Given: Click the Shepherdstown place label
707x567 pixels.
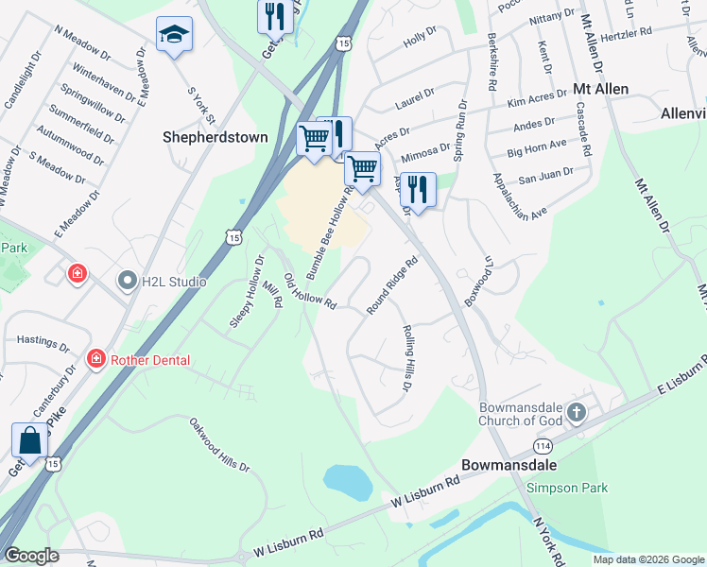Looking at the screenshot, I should pos(214,137).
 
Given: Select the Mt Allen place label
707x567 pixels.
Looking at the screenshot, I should pos(602,88).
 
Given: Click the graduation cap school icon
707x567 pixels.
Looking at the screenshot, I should pos(174,35).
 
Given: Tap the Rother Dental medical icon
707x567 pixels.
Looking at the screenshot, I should pos(95,359).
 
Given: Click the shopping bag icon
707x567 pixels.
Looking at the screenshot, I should pos(29,440).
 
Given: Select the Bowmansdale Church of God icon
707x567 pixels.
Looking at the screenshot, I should pos(577,413).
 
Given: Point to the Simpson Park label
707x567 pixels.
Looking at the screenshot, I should pos(568,488).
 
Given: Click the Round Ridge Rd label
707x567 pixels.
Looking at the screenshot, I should pos(392,285).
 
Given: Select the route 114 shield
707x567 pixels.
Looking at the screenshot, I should pos(542,445).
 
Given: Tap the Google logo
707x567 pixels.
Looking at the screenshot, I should pos(31,556).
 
